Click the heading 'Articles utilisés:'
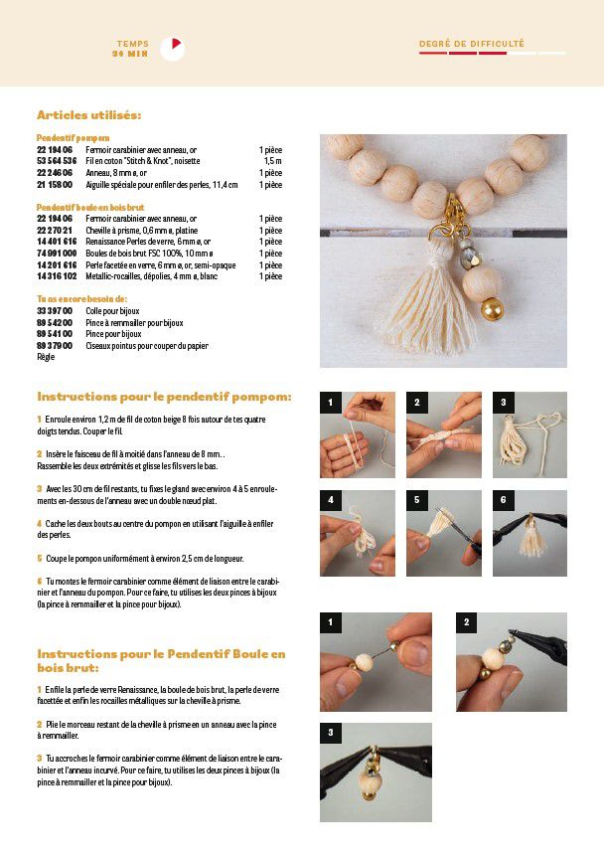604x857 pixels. (88, 115)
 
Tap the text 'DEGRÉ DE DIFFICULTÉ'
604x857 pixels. (471, 44)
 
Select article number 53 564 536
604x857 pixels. (56, 160)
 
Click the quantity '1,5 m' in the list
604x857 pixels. (272, 160)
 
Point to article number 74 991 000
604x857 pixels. (56, 254)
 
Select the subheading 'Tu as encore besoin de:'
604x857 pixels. (81, 298)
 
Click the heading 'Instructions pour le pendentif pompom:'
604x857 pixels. (164, 397)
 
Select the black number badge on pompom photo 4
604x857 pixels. (330, 500)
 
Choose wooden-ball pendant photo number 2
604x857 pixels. (511, 661)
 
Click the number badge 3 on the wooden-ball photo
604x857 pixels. (330, 733)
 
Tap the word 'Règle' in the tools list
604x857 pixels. (46, 356)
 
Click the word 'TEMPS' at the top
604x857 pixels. (133, 44)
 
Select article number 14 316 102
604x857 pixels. (56, 276)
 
